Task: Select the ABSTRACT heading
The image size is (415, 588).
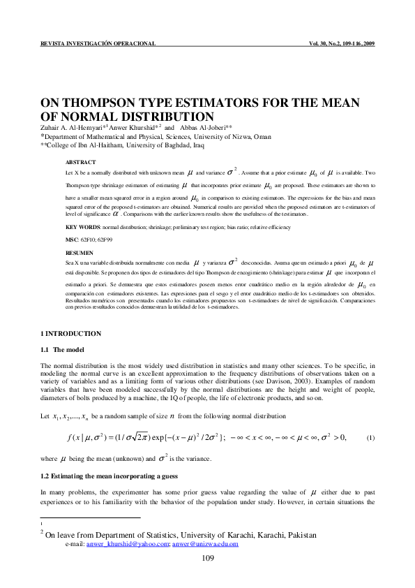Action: coord(80,162)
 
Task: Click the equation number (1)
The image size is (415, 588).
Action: coord(371,436)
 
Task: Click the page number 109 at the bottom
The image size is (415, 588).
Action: coord(207,557)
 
